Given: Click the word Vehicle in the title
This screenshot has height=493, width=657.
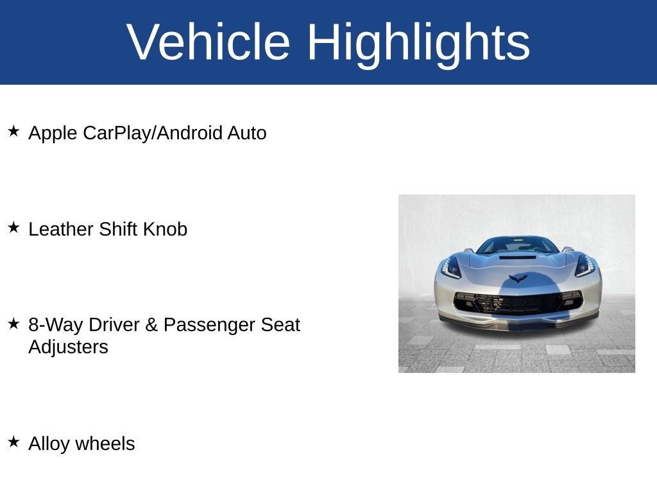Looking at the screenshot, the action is point(209,42).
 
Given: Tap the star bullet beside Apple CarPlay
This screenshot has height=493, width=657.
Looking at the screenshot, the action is point(13,131).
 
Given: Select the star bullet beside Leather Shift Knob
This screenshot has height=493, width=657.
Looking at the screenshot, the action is point(13,227).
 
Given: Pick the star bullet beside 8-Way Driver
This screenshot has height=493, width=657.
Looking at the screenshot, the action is point(13,324).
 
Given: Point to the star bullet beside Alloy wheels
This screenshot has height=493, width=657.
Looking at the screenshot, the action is point(13,442).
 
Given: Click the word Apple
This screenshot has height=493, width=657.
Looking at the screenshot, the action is point(53,134).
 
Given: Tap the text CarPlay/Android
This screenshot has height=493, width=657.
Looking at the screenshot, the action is point(153,134).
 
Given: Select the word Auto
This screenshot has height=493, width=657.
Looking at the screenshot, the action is point(247,134).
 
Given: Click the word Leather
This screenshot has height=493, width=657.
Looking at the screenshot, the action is point(61,229).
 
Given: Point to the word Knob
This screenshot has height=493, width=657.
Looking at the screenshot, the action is point(165,229).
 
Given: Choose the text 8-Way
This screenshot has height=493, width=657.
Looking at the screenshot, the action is point(56,325).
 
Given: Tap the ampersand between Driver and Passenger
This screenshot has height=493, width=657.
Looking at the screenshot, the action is point(151,325).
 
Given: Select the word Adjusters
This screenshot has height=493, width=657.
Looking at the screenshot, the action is point(68,347).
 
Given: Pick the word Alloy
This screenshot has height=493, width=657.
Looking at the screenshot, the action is point(49,444).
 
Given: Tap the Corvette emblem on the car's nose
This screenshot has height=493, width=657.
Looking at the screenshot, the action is point(518,278).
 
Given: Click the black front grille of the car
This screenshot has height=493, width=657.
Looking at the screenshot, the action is point(518,302).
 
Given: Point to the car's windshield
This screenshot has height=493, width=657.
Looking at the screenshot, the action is point(518,246).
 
